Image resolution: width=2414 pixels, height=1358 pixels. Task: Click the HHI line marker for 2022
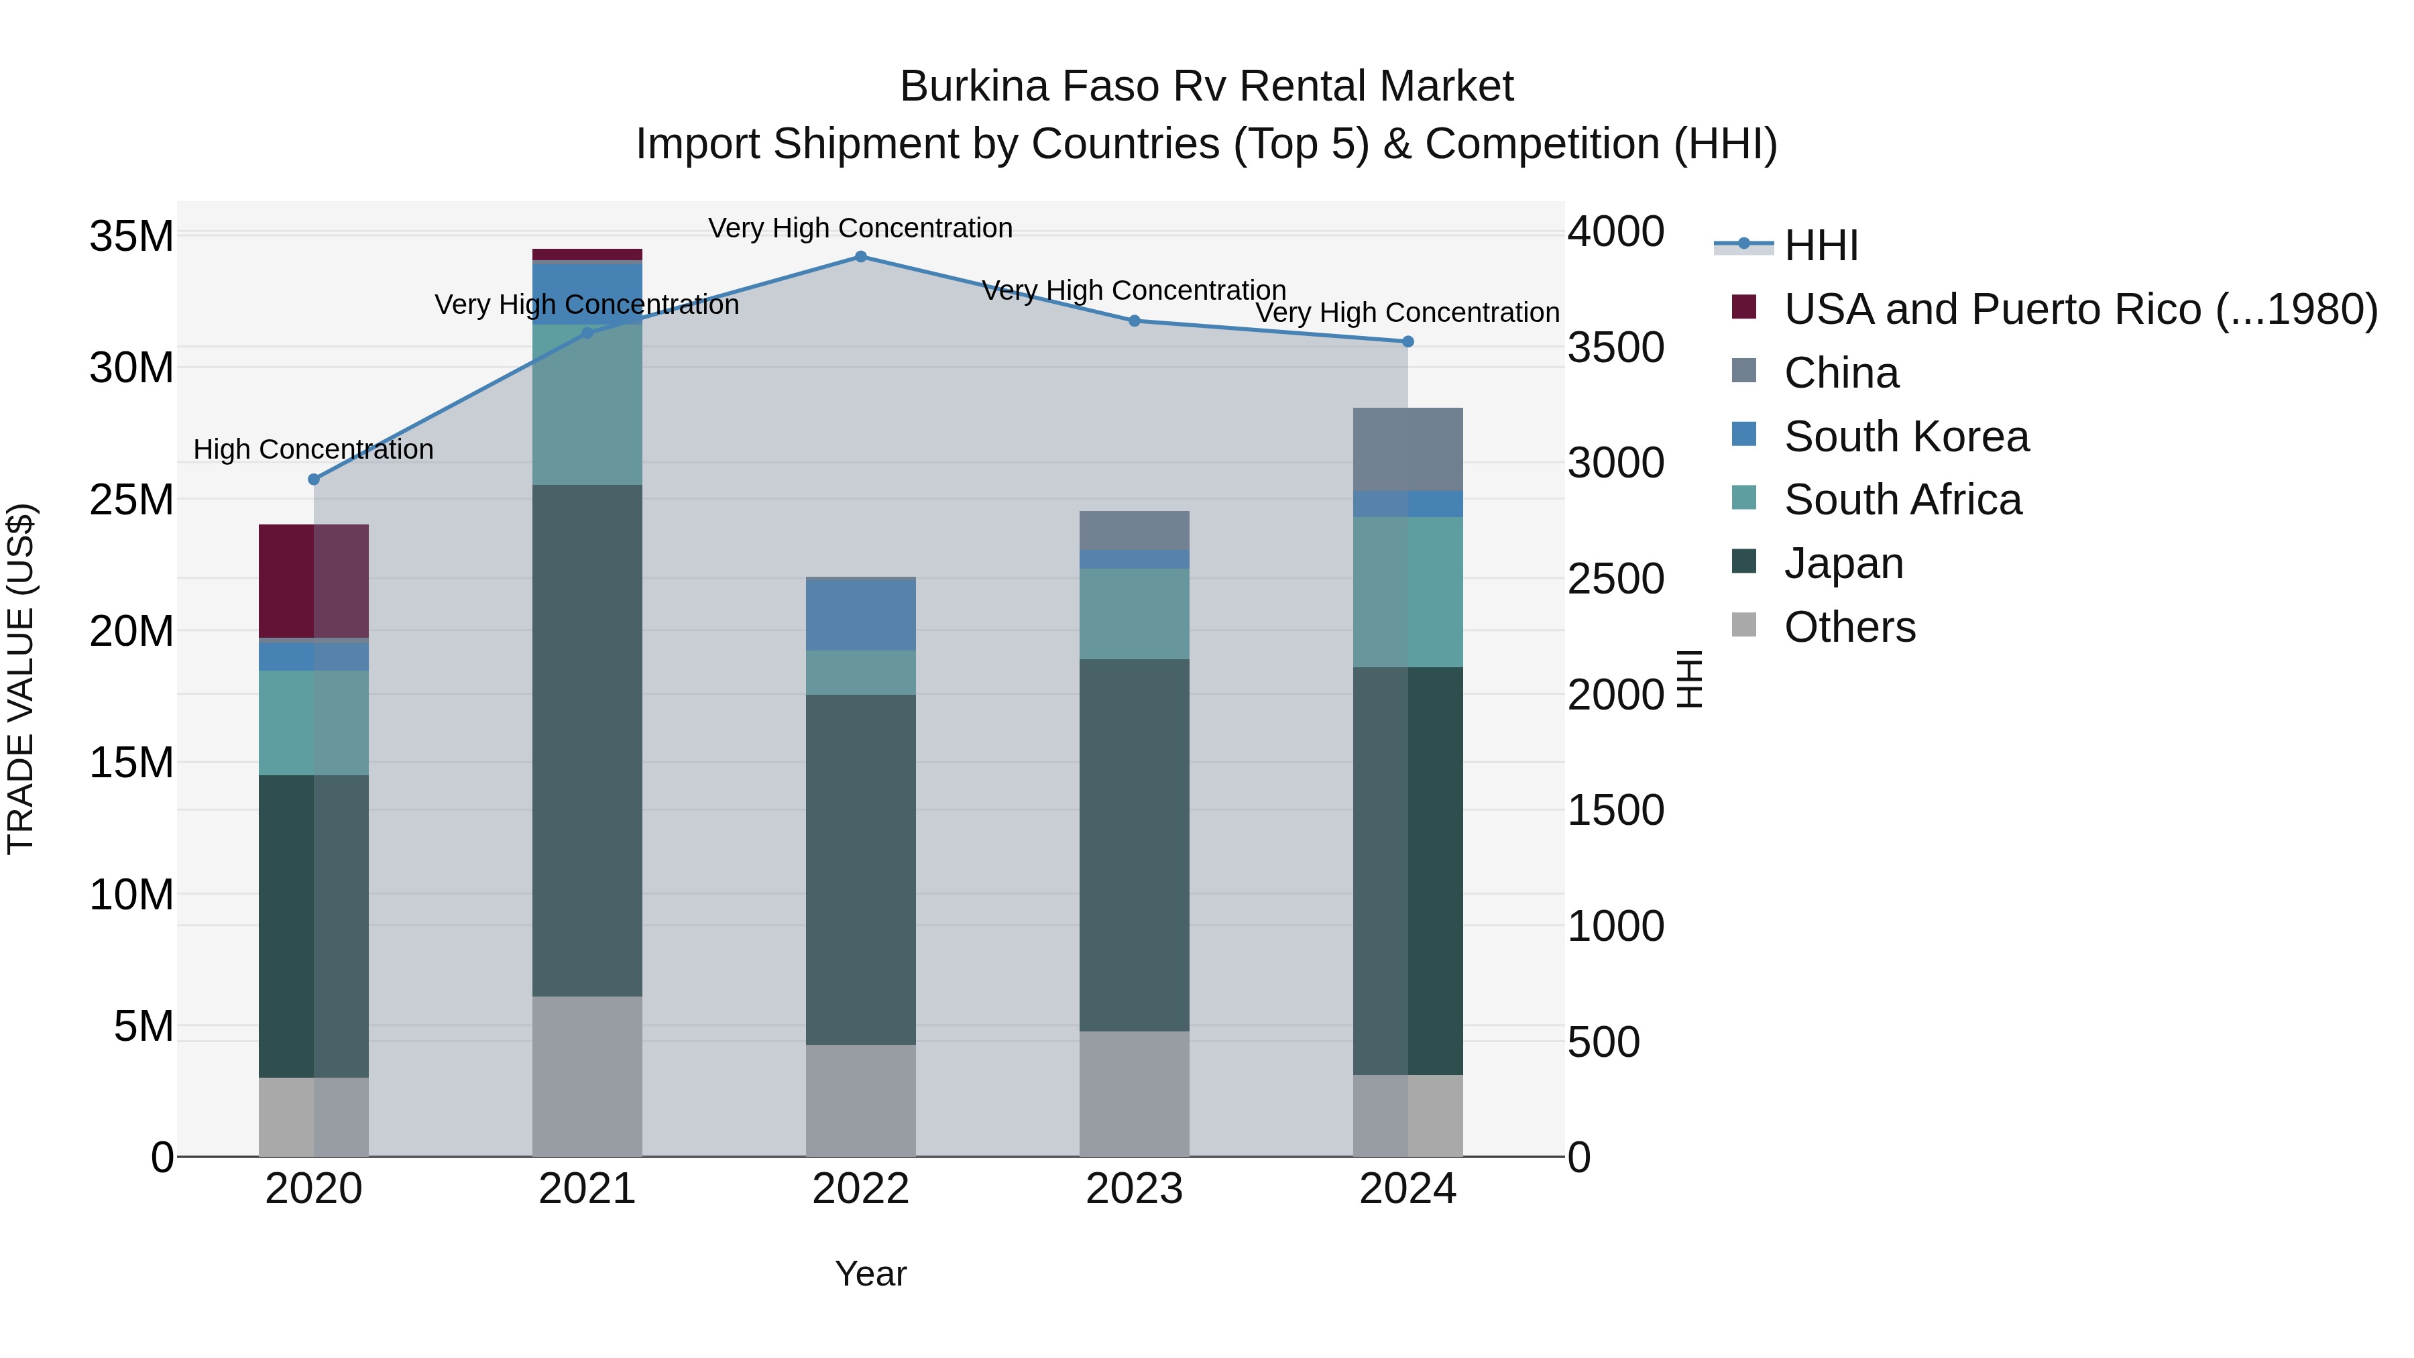pos(860,257)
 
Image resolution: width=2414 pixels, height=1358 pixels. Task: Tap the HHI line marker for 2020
pos(314,479)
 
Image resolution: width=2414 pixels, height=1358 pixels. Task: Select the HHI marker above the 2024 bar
pos(1407,342)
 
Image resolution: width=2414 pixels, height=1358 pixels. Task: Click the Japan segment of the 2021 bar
pos(587,740)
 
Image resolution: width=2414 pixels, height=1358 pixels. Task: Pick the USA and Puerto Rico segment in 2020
pos(313,581)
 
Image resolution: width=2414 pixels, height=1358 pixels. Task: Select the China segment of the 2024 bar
pos(1407,450)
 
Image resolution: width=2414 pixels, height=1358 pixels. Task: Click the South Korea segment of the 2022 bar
pos(860,615)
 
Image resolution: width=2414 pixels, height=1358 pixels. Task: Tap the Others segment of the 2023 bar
pos(1134,1094)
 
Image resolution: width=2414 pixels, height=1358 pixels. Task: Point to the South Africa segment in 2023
pos(1134,614)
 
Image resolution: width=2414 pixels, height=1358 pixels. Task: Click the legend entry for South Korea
pos(1906,437)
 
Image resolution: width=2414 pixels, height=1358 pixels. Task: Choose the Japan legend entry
pos(1843,563)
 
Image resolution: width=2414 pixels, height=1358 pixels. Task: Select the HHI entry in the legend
pos(1821,245)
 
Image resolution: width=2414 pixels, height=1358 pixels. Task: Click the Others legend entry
pos(1849,627)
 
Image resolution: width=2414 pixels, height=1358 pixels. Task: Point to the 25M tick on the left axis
pos(131,500)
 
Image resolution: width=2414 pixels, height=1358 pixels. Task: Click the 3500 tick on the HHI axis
pos(1615,347)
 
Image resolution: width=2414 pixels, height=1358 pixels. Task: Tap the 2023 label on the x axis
pos(1134,1189)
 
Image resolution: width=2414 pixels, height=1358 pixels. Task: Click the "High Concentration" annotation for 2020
pos(313,450)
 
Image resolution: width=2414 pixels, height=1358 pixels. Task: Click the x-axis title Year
pos(870,1274)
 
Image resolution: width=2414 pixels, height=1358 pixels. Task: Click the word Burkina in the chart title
pos(974,87)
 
